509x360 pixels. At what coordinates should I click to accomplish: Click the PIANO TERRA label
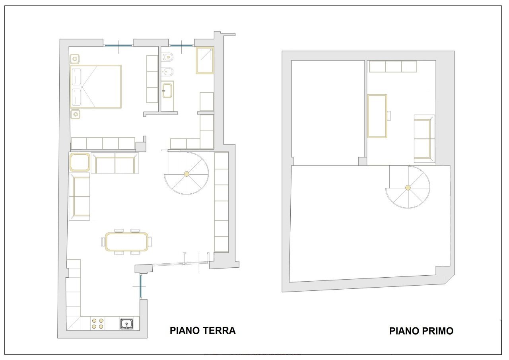click(203, 331)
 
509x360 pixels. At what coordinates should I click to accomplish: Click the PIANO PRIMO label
click(421, 331)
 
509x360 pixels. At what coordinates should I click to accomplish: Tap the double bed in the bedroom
click(96, 86)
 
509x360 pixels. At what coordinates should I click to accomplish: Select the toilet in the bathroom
click(169, 57)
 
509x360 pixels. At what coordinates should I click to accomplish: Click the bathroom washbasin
click(167, 90)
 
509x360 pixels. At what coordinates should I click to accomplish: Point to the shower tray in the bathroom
click(205, 60)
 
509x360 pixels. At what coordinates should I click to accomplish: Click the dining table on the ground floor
click(127, 241)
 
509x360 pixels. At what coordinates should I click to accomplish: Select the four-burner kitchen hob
click(97, 323)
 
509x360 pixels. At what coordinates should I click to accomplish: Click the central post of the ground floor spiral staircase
click(187, 173)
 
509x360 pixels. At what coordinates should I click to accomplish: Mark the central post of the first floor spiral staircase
click(408, 187)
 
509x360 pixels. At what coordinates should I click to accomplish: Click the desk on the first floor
click(377, 116)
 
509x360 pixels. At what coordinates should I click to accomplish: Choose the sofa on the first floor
click(424, 138)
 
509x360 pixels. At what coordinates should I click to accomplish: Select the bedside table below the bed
click(75, 115)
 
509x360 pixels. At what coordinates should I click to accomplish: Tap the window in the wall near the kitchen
click(140, 286)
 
